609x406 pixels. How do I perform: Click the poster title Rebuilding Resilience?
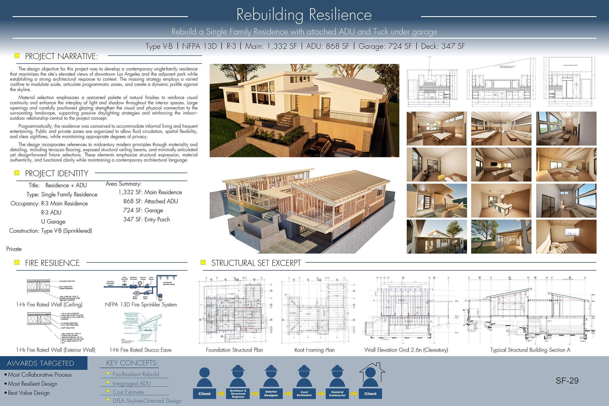(304, 15)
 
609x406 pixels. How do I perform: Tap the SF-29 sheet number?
(567, 380)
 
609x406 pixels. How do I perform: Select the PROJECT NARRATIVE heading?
(61, 56)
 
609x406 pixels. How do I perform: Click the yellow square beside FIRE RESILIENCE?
(17, 262)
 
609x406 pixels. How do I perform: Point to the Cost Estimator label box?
(304, 394)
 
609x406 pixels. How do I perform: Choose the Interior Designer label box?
(271, 394)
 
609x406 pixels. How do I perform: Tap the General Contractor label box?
(337, 394)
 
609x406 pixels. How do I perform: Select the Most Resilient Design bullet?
(32, 384)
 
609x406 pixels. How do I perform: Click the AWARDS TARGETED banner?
(41, 363)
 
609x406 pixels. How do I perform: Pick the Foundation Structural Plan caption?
(234, 350)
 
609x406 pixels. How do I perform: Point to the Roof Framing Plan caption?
(314, 350)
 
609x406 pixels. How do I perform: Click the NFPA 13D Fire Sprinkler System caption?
(141, 304)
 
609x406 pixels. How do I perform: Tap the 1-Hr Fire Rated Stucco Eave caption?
(140, 350)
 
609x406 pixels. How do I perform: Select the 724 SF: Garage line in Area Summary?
(143, 210)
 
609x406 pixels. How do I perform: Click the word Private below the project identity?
(14, 249)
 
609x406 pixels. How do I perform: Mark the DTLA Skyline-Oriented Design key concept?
(147, 401)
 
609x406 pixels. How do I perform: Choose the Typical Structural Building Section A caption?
(530, 350)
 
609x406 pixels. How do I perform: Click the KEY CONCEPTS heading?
(132, 363)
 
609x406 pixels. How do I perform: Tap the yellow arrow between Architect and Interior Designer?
(255, 394)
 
